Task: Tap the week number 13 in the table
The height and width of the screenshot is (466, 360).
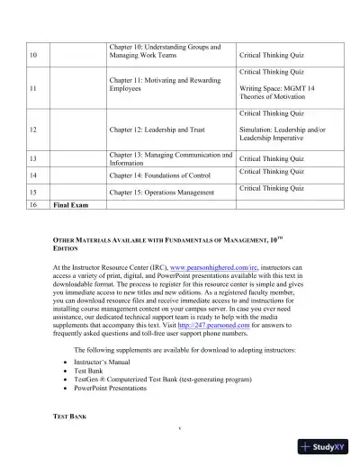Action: (x=33, y=158)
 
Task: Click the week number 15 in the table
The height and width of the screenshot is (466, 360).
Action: (x=33, y=193)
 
